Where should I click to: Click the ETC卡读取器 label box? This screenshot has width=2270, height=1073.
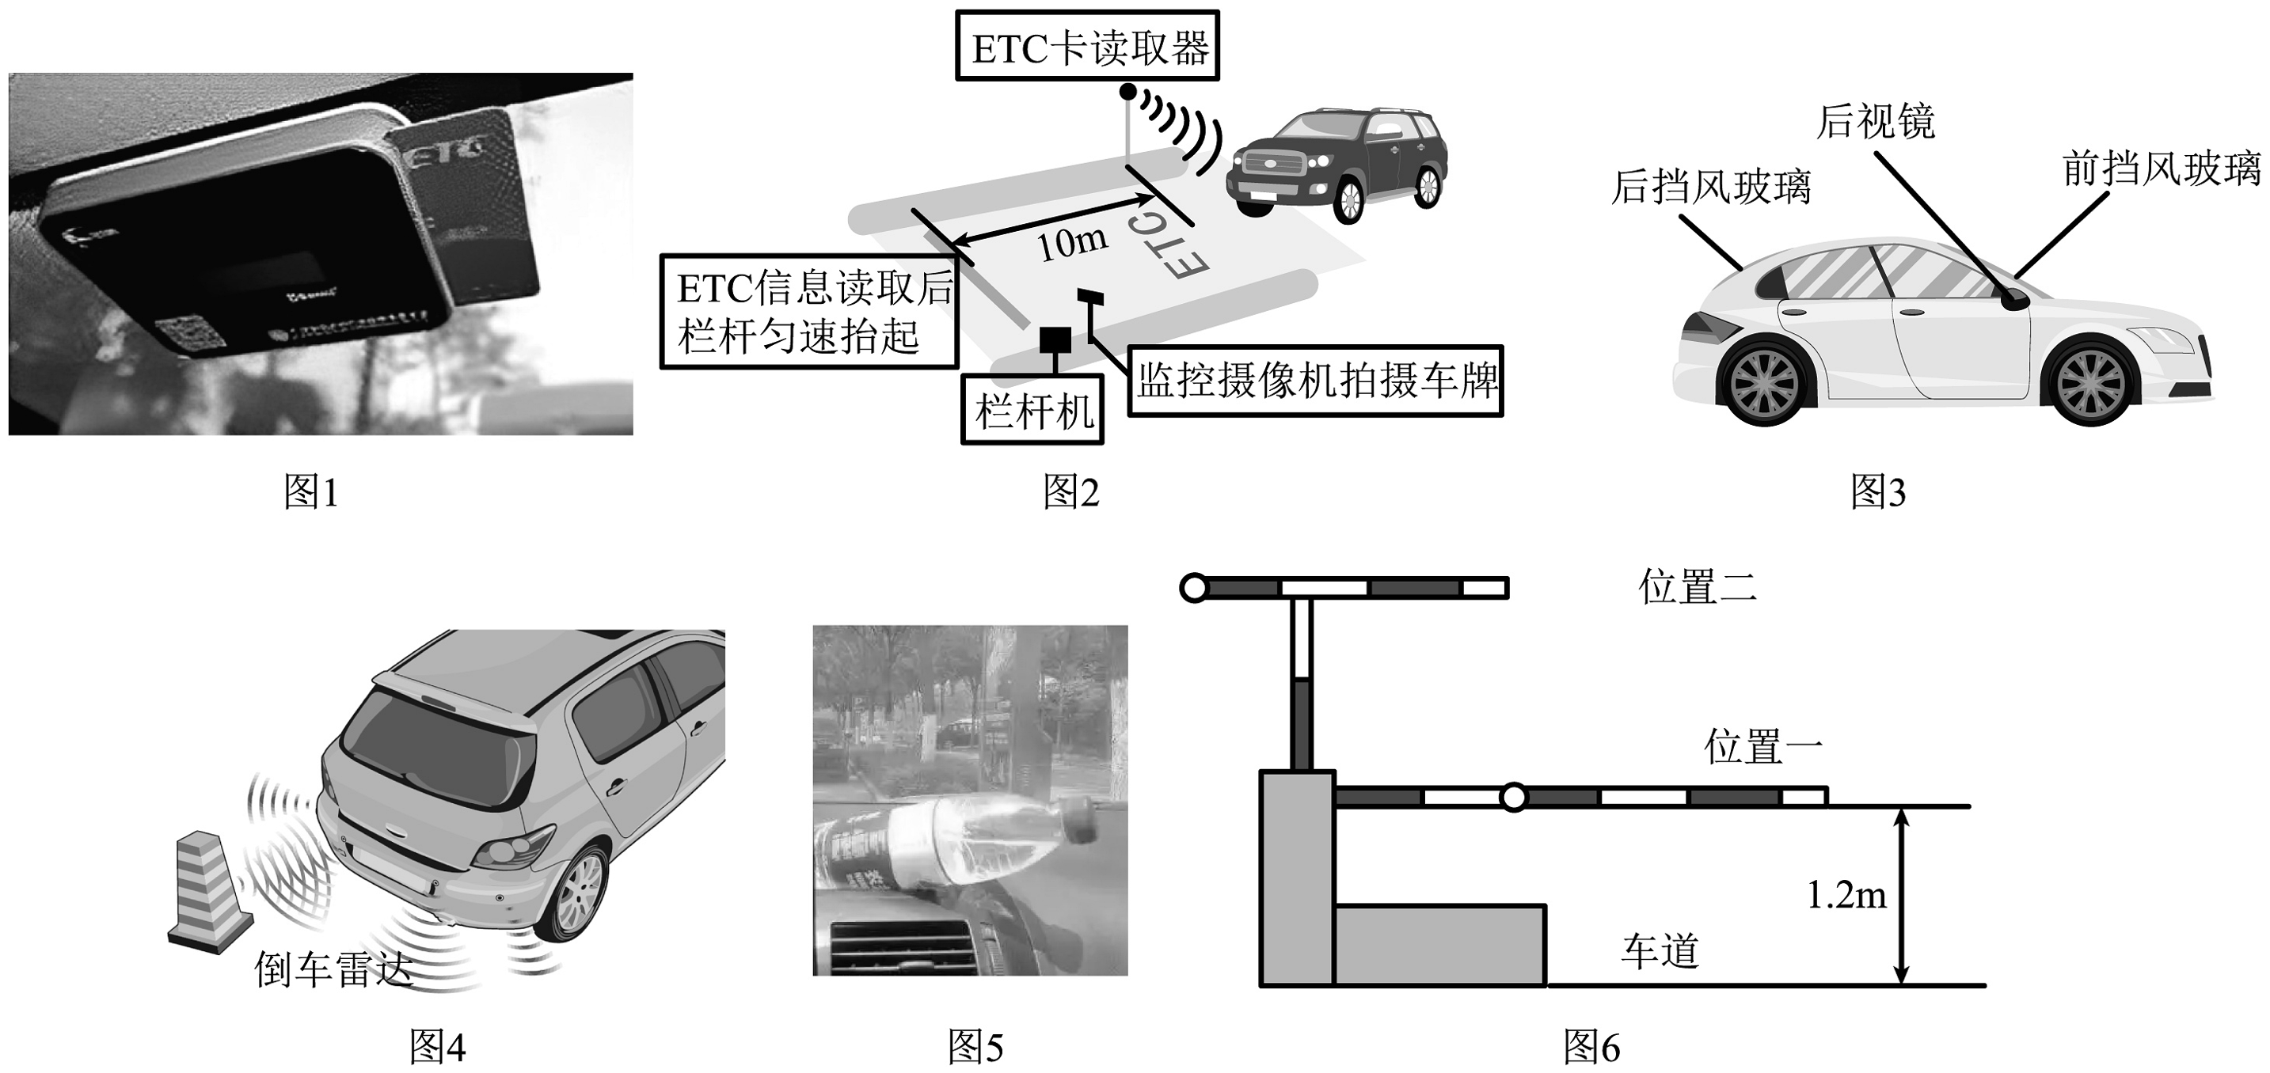tap(1089, 47)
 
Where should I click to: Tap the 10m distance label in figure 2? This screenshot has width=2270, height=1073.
tap(1070, 242)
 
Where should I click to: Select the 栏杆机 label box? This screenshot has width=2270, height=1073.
tap(1032, 411)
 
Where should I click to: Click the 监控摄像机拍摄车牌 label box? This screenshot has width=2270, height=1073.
tap(1316, 381)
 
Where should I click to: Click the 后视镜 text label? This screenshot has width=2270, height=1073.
tap(1875, 122)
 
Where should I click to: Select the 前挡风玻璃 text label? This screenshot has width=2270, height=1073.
tap(2162, 169)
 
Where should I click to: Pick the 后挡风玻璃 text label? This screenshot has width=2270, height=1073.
tap(1710, 187)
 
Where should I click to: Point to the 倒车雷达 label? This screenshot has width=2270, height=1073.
tap(333, 969)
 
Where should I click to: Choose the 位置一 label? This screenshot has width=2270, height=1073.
tap(1763, 747)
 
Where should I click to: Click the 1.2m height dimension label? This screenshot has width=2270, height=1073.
tap(1846, 896)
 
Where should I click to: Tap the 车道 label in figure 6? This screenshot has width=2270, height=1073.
tap(1660, 951)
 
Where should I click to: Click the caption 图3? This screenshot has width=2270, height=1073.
tap(1878, 491)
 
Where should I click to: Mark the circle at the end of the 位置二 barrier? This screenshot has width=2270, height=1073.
tap(1193, 588)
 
